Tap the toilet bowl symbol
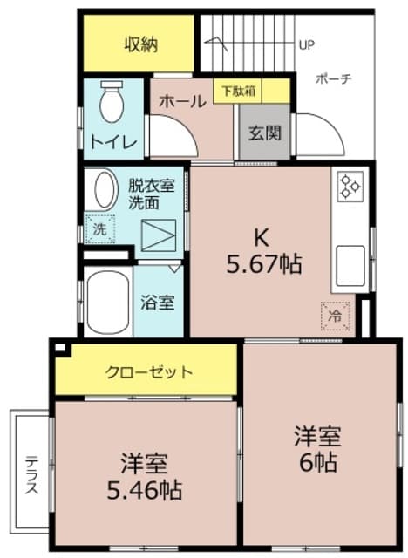pyautogui.click(x=112, y=103)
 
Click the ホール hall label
pyautogui.click(x=182, y=102)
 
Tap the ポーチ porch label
pyautogui.click(x=334, y=79)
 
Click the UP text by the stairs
pyautogui.click(x=306, y=44)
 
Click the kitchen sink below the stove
pyautogui.click(x=350, y=264)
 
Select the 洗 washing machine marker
pyautogui.click(x=99, y=230)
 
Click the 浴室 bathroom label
pyautogui.click(x=158, y=303)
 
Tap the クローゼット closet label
pyautogui.click(x=149, y=372)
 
